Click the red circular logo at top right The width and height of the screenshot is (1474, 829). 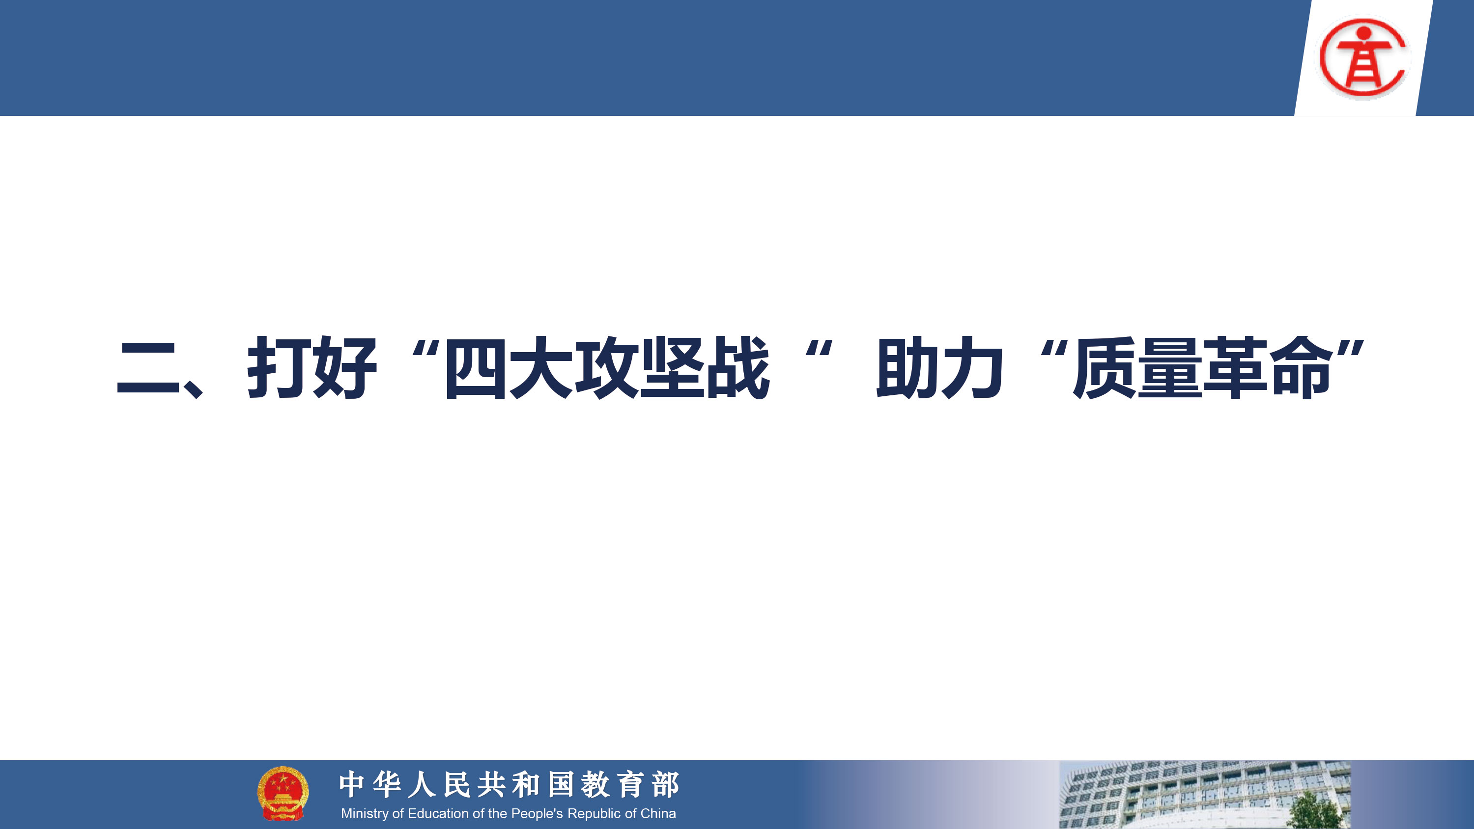click(x=1364, y=56)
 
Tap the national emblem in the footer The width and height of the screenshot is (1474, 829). click(x=283, y=794)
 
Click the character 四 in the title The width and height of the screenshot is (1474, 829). click(x=476, y=368)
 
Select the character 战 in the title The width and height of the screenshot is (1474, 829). click(x=738, y=368)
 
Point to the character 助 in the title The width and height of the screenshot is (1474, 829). click(x=907, y=368)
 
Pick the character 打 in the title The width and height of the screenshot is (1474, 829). click(x=279, y=368)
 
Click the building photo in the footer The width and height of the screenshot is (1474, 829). click(x=1204, y=795)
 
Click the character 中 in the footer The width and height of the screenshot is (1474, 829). click(x=352, y=784)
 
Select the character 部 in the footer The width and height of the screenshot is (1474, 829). click(x=665, y=784)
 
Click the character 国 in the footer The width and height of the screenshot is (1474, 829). click(x=561, y=784)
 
